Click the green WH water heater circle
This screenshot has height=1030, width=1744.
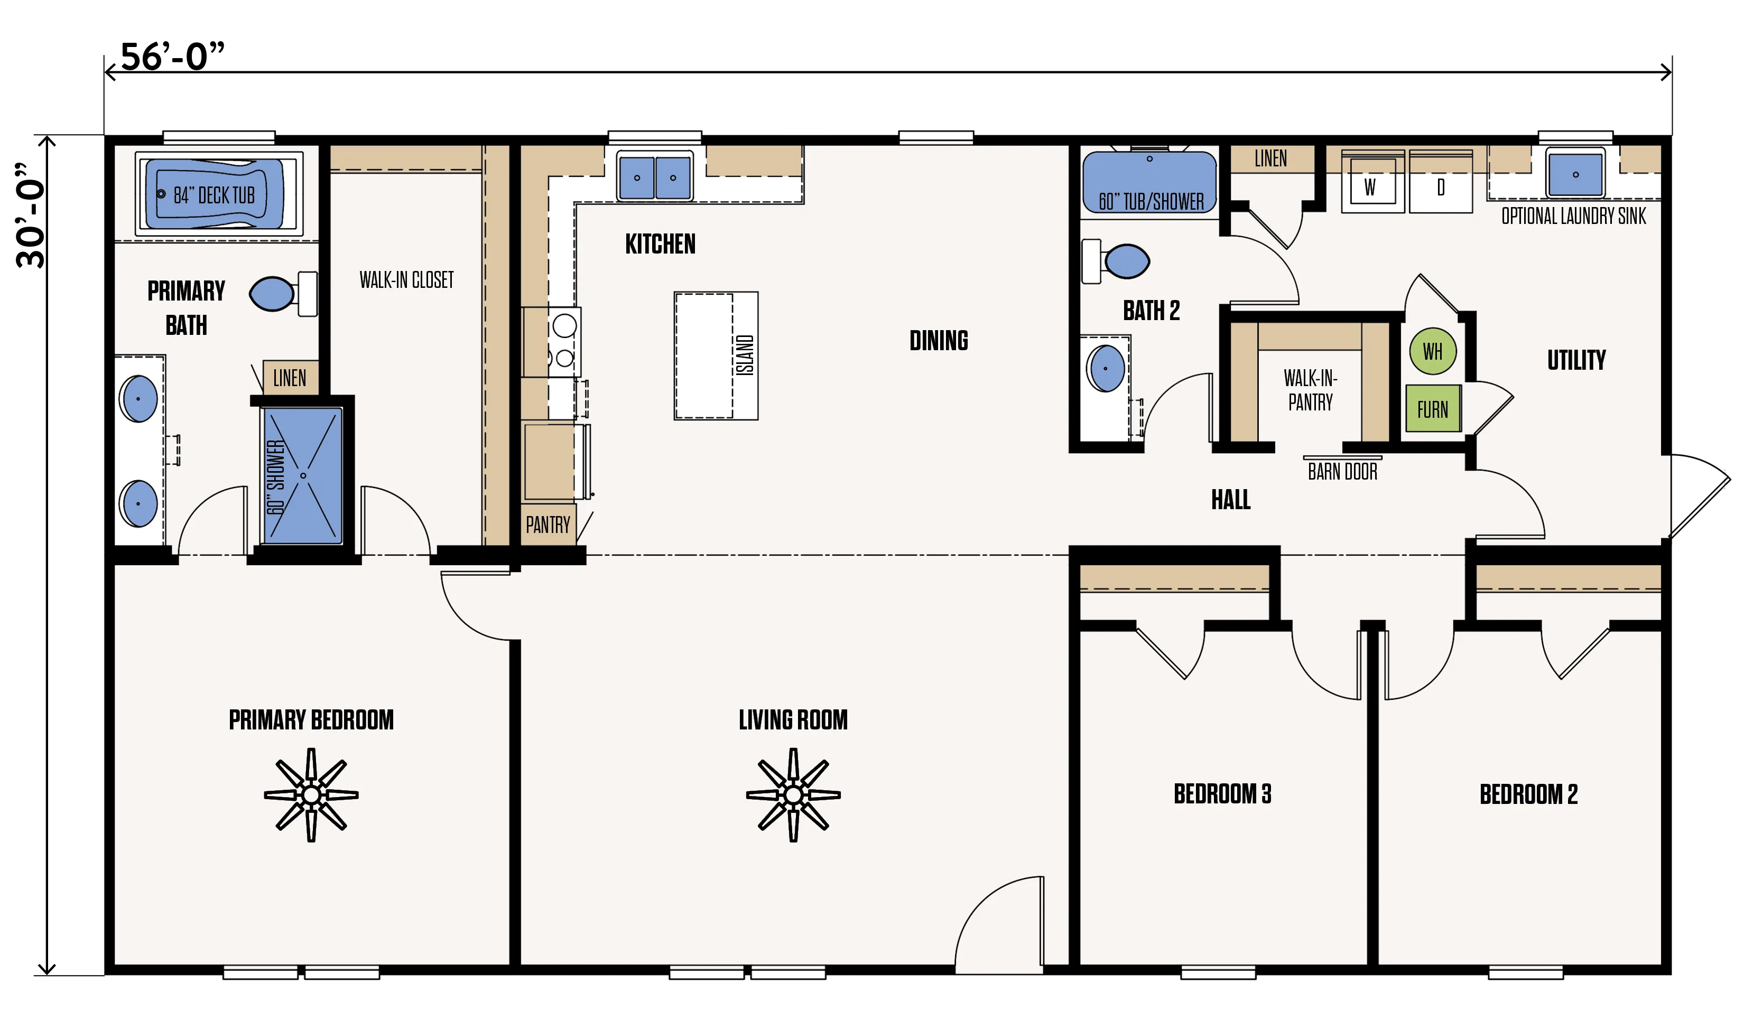pos(1433,351)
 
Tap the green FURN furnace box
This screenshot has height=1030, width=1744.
pos(1433,409)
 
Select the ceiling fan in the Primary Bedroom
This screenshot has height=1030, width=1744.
pos(311,795)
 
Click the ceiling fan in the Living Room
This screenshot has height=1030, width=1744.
pos(793,795)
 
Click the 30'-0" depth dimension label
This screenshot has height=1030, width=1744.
pos(31,215)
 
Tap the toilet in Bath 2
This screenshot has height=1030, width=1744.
pos(1116,261)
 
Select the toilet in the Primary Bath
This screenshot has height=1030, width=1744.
pos(283,294)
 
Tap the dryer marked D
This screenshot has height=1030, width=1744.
pos(1441,182)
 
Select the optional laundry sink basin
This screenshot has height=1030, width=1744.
pos(1575,174)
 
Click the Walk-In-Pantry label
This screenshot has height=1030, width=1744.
pos(1311,390)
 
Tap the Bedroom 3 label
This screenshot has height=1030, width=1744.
pos(1222,793)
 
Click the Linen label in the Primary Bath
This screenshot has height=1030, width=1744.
pos(290,378)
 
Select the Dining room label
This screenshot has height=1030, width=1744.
pos(939,340)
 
